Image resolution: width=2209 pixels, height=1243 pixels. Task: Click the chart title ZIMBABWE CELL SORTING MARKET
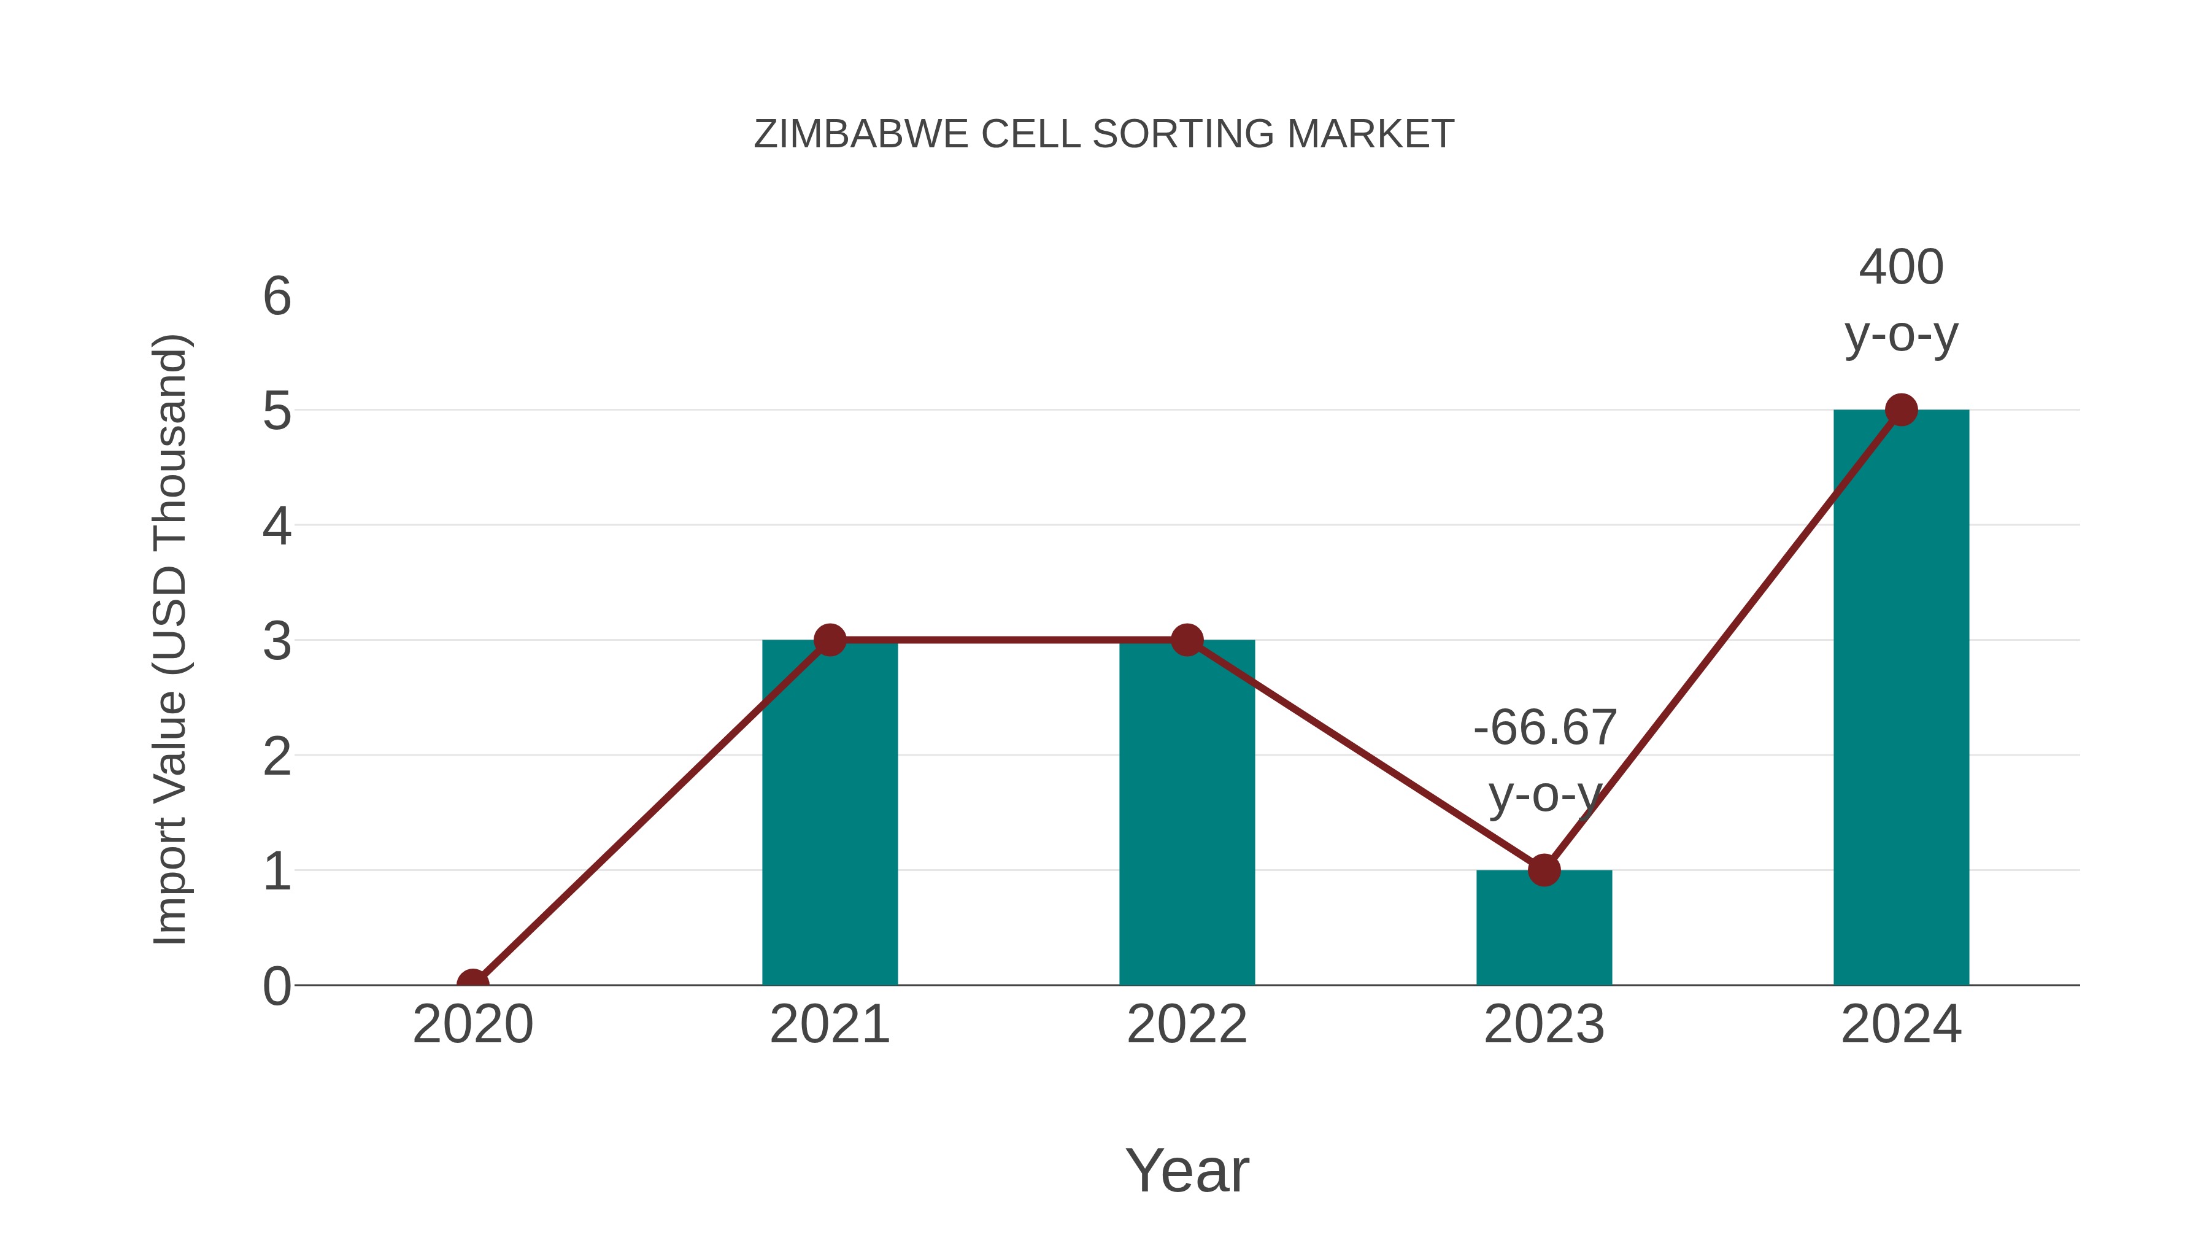click(1104, 134)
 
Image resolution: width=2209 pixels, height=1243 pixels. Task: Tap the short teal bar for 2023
click(1544, 931)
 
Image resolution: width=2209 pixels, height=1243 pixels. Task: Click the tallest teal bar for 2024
click(1901, 703)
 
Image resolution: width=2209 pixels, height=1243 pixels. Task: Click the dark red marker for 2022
click(1187, 640)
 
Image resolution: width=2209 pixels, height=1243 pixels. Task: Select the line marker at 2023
click(1544, 870)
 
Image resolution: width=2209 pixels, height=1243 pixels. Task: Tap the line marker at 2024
click(1901, 410)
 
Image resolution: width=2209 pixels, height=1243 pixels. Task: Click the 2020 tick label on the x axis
click(472, 1024)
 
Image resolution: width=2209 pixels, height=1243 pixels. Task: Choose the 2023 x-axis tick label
click(1544, 1024)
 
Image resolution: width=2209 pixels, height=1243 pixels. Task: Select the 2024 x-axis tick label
click(1901, 1024)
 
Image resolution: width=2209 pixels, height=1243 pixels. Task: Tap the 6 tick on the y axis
click(277, 297)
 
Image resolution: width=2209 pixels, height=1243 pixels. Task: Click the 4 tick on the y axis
click(277, 526)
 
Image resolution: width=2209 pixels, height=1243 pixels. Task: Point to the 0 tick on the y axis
click(277, 986)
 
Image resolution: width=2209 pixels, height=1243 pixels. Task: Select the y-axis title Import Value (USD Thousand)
click(170, 640)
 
